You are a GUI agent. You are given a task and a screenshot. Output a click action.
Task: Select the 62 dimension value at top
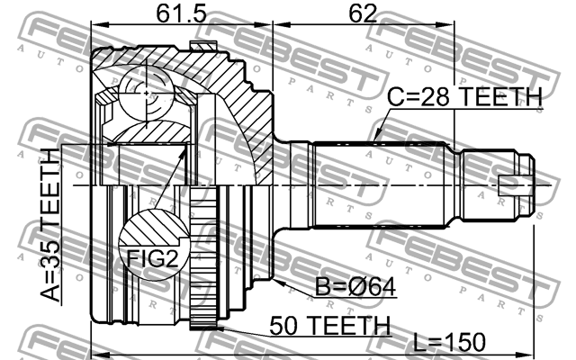[x=363, y=16]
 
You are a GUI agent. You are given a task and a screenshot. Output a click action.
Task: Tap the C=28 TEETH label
[x=465, y=97]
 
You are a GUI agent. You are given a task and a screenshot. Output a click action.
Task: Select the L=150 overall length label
[x=449, y=342]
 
